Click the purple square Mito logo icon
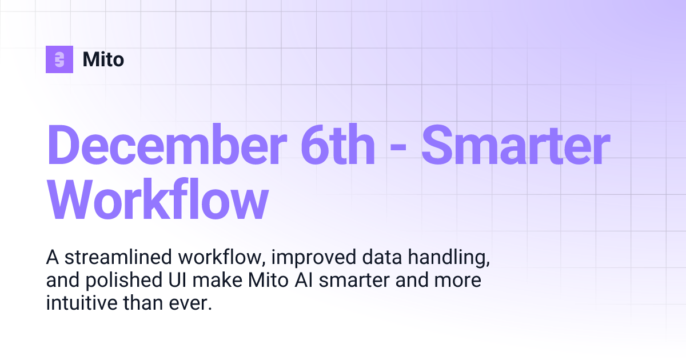[x=59, y=59]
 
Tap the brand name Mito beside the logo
[x=103, y=59]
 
